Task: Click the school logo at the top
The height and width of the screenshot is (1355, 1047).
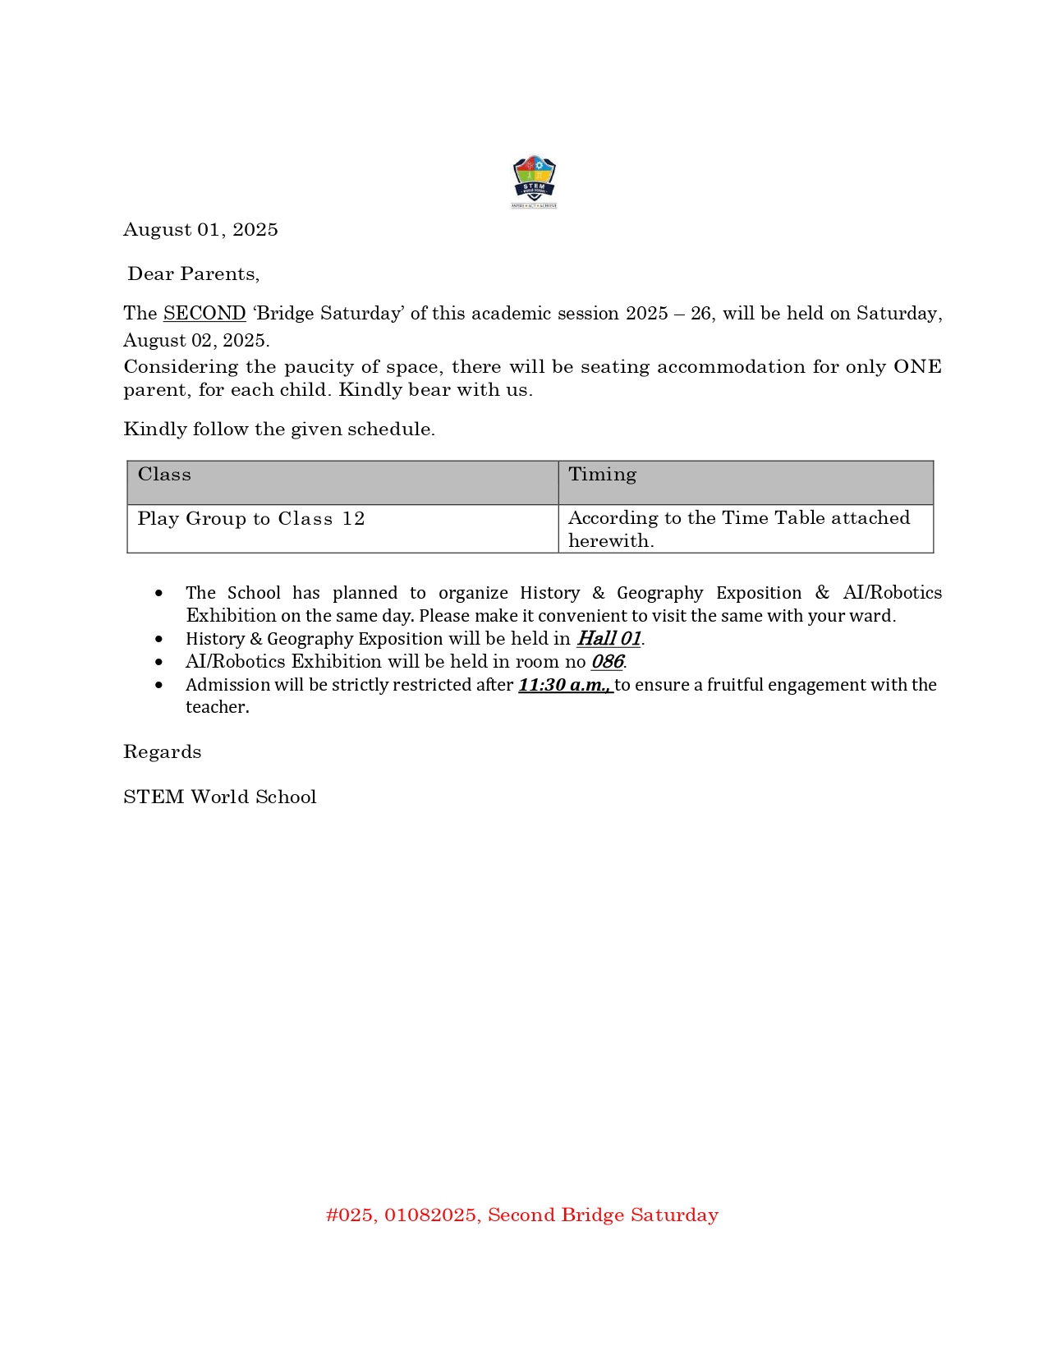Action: [534, 181]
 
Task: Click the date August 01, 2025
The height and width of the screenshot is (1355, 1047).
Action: [200, 230]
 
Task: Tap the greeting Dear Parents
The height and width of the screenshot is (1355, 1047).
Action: [194, 274]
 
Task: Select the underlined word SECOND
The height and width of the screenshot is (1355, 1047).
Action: [204, 314]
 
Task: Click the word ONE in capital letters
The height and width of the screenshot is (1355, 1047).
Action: [916, 367]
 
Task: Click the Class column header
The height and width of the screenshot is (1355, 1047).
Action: [164, 475]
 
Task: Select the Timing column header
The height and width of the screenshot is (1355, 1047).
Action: [602, 475]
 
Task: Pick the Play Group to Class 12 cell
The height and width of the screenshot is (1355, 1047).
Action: [250, 519]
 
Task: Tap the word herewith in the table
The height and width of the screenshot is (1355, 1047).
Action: [610, 541]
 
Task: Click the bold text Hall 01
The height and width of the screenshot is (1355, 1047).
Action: [608, 639]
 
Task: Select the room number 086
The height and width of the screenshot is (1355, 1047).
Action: [608, 662]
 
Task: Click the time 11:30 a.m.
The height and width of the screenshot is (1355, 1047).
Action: [565, 685]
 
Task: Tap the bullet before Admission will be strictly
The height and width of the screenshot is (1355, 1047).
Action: [159, 685]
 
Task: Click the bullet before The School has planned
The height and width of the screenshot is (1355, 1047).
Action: [159, 593]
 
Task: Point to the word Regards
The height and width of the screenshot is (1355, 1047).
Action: [163, 752]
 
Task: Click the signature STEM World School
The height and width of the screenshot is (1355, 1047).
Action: [220, 797]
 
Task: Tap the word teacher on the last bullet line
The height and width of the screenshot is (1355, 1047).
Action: [216, 707]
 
